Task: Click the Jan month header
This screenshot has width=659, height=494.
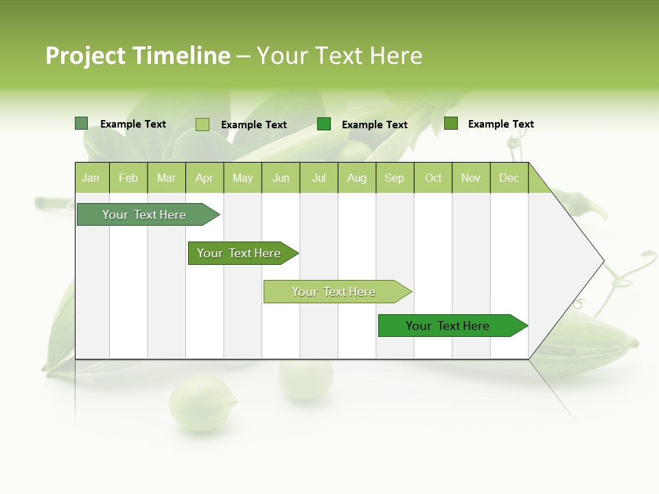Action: (91, 178)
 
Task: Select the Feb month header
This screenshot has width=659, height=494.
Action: (128, 178)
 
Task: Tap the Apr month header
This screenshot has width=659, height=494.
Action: (204, 178)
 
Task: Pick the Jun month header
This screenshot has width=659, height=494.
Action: (281, 178)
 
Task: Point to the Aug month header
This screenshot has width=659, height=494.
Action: (356, 178)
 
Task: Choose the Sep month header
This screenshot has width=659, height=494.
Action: (394, 178)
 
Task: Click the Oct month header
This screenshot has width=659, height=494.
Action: (433, 178)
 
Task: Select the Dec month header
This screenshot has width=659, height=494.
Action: (509, 178)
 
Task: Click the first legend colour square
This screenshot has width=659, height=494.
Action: (81, 123)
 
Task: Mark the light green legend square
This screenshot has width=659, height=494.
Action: (203, 124)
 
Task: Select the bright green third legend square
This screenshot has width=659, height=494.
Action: (324, 123)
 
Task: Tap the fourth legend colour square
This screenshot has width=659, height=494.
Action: (451, 123)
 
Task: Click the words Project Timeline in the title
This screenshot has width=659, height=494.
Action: (138, 56)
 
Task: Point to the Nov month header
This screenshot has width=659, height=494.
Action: (471, 178)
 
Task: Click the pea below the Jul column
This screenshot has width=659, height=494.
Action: (305, 377)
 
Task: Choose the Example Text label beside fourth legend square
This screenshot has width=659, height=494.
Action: (500, 123)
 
